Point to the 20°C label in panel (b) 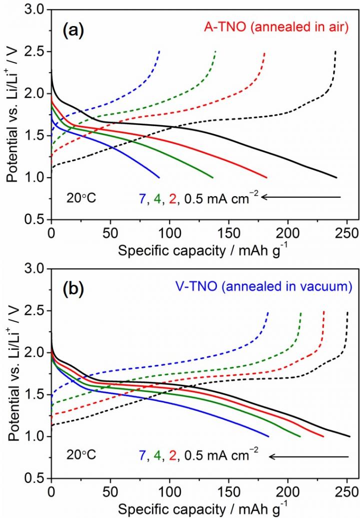81,456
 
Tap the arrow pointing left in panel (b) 308,456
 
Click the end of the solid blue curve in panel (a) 159,177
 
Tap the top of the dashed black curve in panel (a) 335,51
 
